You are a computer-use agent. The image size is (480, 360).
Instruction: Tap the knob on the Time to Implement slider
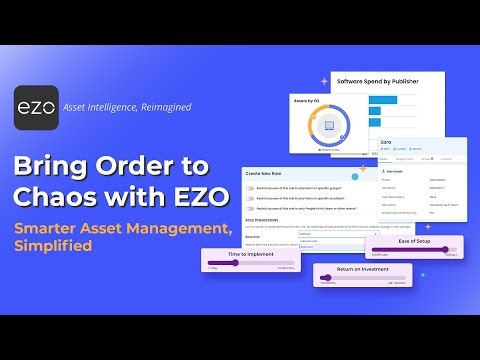coord(238,266)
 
